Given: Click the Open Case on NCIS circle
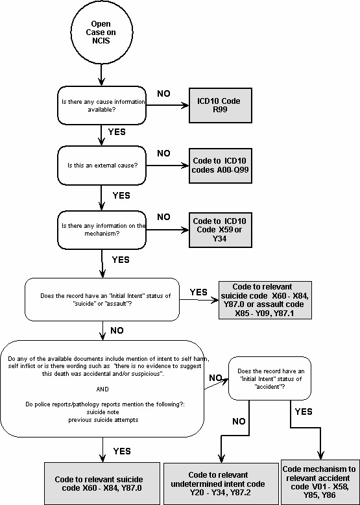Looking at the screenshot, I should point(101,32).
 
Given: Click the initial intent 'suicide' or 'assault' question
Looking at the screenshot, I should point(102,300).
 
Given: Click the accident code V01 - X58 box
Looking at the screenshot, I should point(319,481).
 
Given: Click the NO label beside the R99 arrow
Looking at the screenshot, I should point(164,93).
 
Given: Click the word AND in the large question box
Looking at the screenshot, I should point(102,389).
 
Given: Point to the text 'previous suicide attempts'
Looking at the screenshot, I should point(101,420).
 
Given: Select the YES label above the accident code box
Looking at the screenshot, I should point(304,412).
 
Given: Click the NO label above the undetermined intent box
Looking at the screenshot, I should point(238,422).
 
